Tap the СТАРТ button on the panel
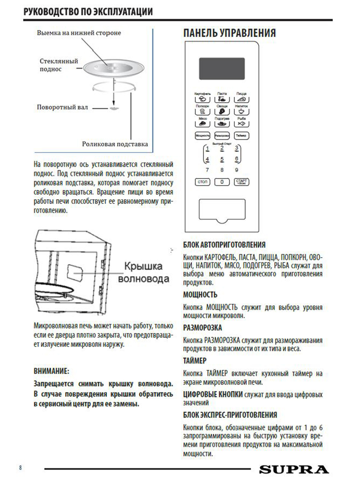pyautogui.click(x=241, y=182)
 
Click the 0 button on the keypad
pyautogui.click(x=222, y=182)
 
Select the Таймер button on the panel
pyautogui.click(x=241, y=136)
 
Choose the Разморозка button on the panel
pyautogui.click(x=222, y=136)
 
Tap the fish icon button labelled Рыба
pyautogui.click(x=241, y=123)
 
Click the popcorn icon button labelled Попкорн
pyautogui.click(x=202, y=111)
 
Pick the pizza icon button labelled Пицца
pyautogui.click(x=241, y=99)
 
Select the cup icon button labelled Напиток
pyautogui.click(x=241, y=111)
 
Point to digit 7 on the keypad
pyautogui.click(x=207, y=170)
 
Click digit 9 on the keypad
pyautogui.click(x=237, y=170)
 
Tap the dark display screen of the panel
pyautogui.click(x=222, y=68)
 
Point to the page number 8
pyautogui.click(x=21, y=468)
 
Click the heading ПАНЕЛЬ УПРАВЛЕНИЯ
pyautogui.click(x=229, y=33)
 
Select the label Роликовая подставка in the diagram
pyautogui.click(x=115, y=144)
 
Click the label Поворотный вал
pyautogui.click(x=62, y=107)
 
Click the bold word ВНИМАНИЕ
pyautogui.click(x=51, y=371)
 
